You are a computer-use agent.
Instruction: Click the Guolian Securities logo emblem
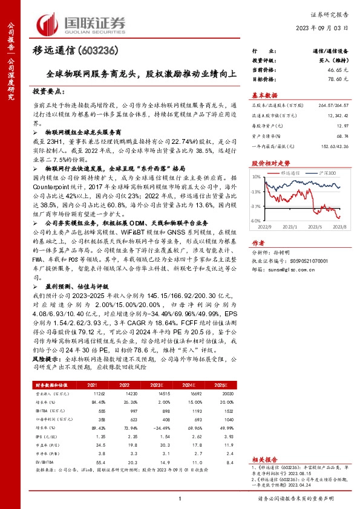[x=51, y=23]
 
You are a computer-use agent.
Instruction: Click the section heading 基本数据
[x=264, y=95]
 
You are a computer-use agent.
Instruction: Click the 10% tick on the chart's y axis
[x=257, y=177]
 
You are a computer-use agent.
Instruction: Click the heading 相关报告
[x=264, y=460]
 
